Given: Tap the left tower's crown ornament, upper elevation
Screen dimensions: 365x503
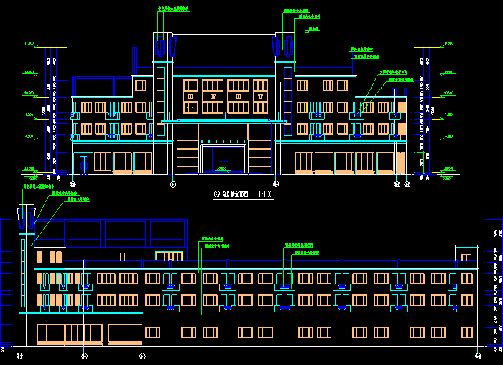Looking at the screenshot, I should [x=165, y=48].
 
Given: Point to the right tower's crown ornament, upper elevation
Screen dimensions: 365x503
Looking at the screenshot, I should [x=283, y=48].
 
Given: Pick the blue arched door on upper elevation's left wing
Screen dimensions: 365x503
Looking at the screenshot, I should [x=83, y=165].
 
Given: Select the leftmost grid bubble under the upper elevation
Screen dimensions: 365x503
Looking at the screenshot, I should [x=72, y=185].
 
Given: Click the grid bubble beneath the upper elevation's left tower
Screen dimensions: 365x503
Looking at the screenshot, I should [x=173, y=185].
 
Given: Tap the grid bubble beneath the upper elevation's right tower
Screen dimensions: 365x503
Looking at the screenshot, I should [x=277, y=185].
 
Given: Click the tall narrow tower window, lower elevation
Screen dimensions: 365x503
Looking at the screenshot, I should [x=23, y=263].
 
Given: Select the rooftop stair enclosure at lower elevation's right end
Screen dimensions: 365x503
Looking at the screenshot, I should [x=466, y=255].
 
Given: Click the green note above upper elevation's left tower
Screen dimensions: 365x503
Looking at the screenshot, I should [x=173, y=9].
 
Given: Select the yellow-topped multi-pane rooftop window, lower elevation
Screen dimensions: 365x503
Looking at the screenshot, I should [x=169, y=256].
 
